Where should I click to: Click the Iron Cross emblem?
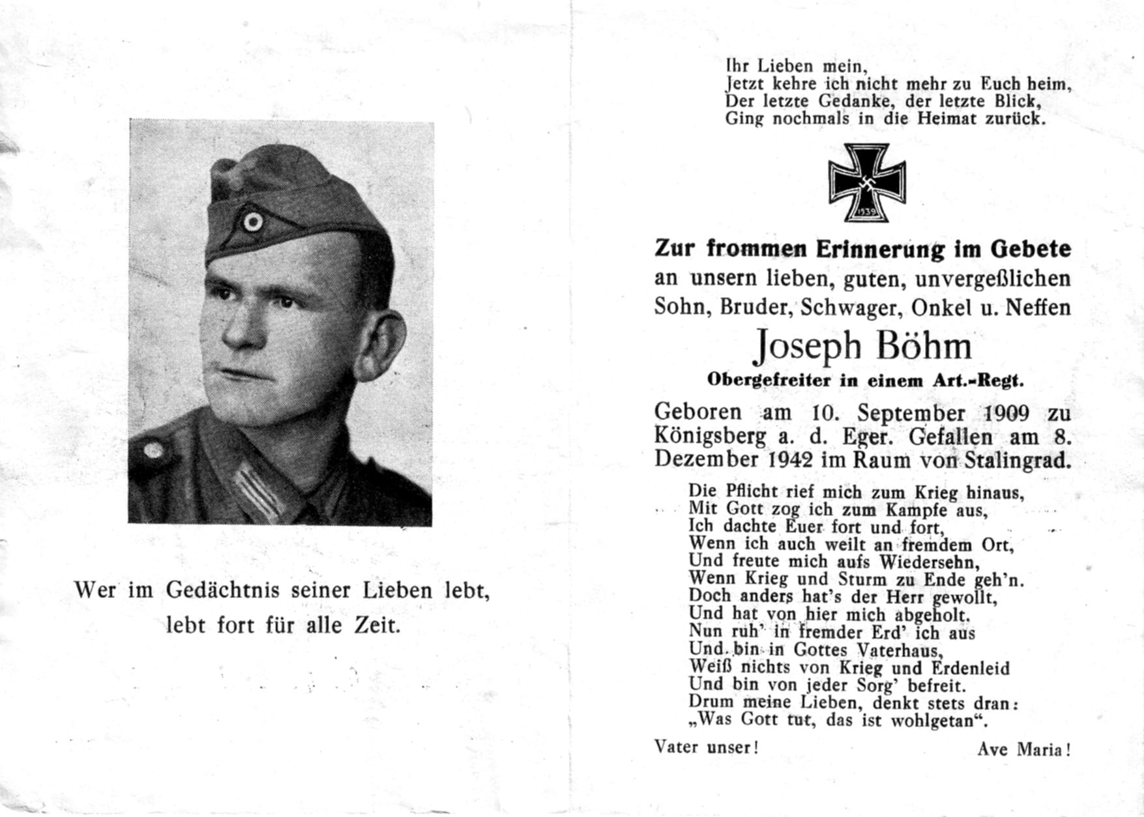[x=867, y=182]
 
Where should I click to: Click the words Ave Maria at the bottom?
[x=1023, y=750]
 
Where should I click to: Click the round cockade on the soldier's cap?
[x=252, y=222]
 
